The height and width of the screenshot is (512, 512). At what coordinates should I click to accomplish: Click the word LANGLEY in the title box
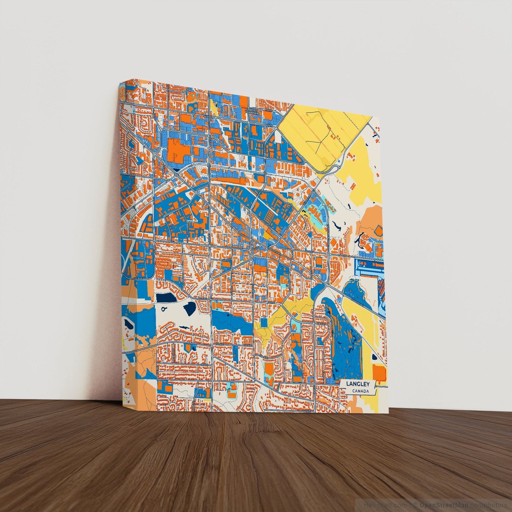coord(358,384)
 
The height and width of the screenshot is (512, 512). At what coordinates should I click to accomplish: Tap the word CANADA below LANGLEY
coord(360,392)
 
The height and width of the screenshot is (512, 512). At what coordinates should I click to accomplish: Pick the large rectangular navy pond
coord(166,298)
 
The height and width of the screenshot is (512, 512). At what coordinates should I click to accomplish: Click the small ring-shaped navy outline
coord(164,309)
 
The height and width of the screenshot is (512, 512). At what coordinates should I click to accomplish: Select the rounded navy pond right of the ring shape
coord(190,308)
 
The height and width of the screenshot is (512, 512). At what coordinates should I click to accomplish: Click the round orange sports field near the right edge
coord(378,231)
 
